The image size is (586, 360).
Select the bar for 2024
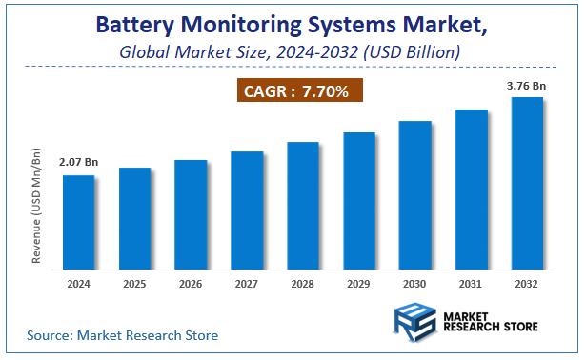[x=78, y=221]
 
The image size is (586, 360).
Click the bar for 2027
[x=247, y=209]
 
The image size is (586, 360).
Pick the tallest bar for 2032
[x=528, y=182]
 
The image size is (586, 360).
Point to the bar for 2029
[x=359, y=199]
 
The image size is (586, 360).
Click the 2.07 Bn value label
[x=78, y=163]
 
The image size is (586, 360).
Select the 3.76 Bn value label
[x=527, y=84]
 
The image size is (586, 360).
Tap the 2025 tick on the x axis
[x=134, y=283]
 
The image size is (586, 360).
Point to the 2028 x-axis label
[x=303, y=283]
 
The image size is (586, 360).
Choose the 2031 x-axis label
[x=472, y=283]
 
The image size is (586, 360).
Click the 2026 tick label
[x=191, y=283]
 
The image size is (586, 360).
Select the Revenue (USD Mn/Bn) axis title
[x=37, y=206]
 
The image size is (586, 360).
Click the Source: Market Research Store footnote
[x=122, y=335]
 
